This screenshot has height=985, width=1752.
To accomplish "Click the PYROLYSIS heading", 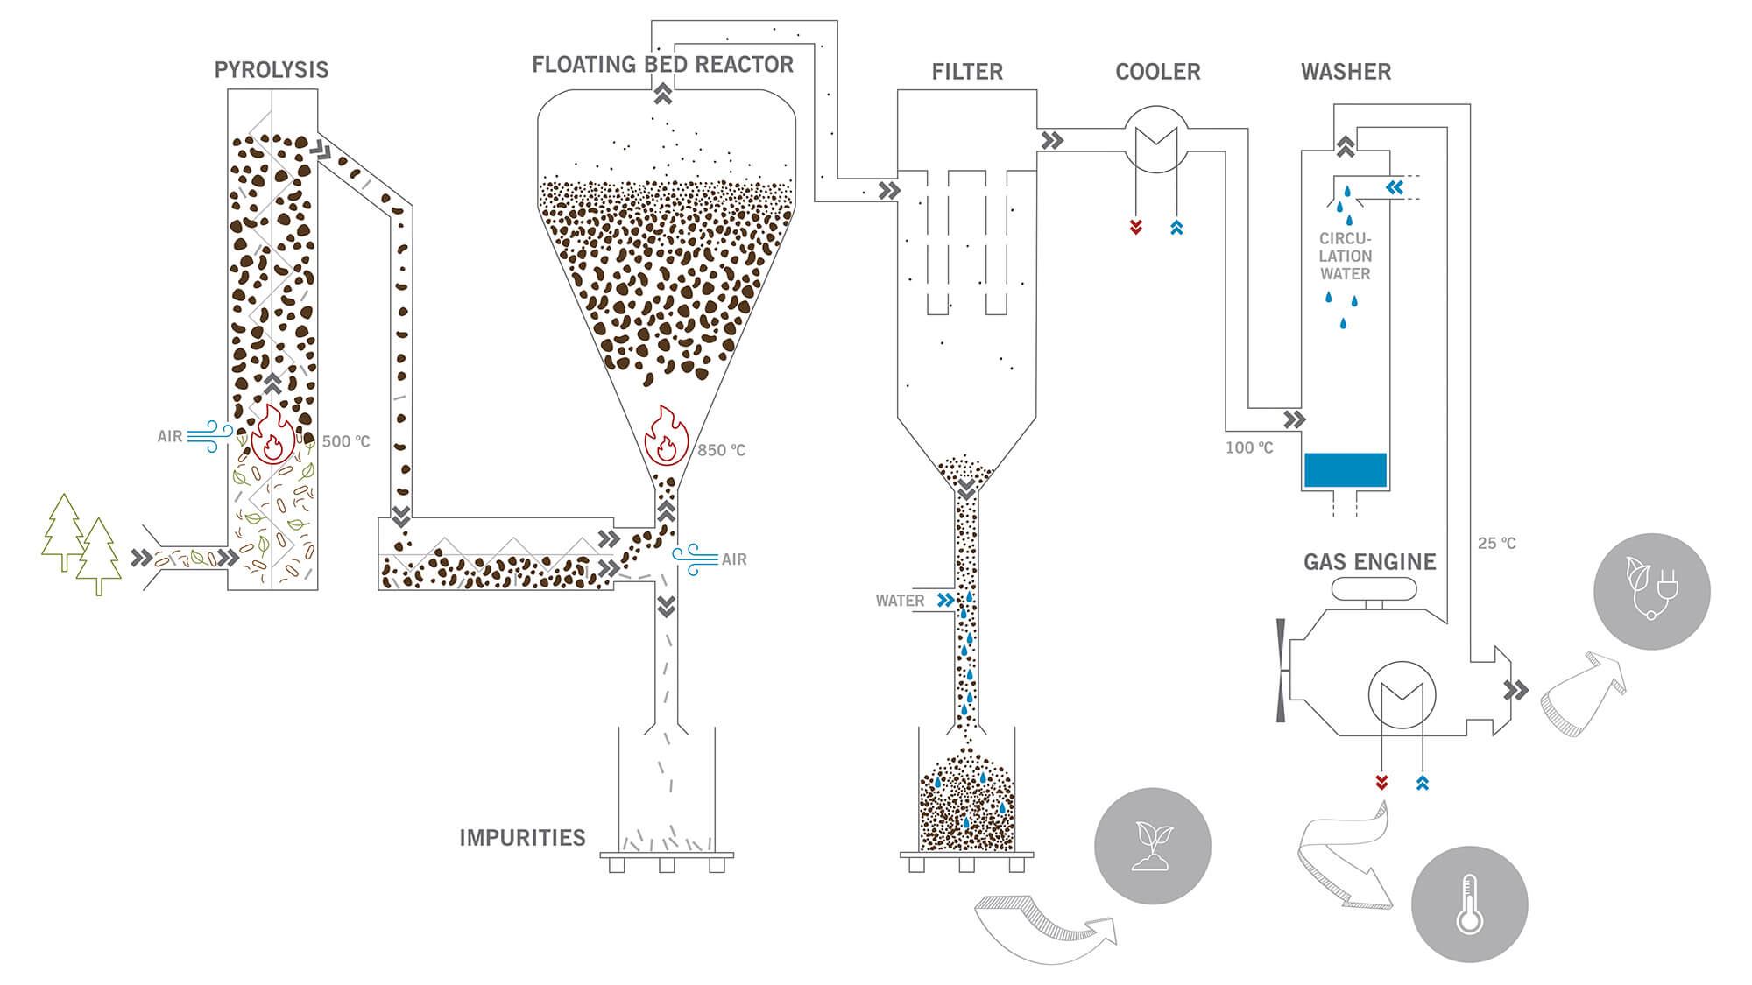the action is pyautogui.click(x=272, y=70).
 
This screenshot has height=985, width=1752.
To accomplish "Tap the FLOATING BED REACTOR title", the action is pyautogui.click(x=662, y=65).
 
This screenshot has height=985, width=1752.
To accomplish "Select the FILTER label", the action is pyautogui.click(x=967, y=72).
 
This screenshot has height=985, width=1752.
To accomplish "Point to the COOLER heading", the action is pyautogui.click(x=1157, y=72).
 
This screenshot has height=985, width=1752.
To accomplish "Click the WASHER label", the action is pyautogui.click(x=1346, y=72).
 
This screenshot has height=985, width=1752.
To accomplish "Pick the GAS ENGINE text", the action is pyautogui.click(x=1369, y=562).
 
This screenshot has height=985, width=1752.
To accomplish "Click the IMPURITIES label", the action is pyautogui.click(x=522, y=838).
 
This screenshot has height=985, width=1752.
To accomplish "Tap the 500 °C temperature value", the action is pyautogui.click(x=346, y=441).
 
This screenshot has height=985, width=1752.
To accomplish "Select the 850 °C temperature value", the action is pyautogui.click(x=721, y=450).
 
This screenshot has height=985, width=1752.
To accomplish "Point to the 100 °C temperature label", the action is pyautogui.click(x=1249, y=447).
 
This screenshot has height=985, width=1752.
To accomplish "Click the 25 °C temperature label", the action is pyautogui.click(x=1497, y=543).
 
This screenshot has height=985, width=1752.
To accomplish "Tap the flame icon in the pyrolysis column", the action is pyautogui.click(x=273, y=434).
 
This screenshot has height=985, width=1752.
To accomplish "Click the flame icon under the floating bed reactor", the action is pyautogui.click(x=667, y=435).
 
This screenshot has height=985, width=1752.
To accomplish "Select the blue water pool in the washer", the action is pyautogui.click(x=1345, y=470).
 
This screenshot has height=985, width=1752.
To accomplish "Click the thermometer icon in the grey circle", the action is pyautogui.click(x=1470, y=904).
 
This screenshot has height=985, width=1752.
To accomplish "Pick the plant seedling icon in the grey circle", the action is pyautogui.click(x=1153, y=846).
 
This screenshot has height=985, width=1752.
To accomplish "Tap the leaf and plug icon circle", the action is pyautogui.click(x=1652, y=591).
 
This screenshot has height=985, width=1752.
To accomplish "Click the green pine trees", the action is pyautogui.click(x=81, y=544).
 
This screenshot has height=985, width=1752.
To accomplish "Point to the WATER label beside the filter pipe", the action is pyautogui.click(x=900, y=601).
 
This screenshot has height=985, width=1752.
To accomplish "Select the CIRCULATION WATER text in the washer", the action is pyautogui.click(x=1346, y=256).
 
